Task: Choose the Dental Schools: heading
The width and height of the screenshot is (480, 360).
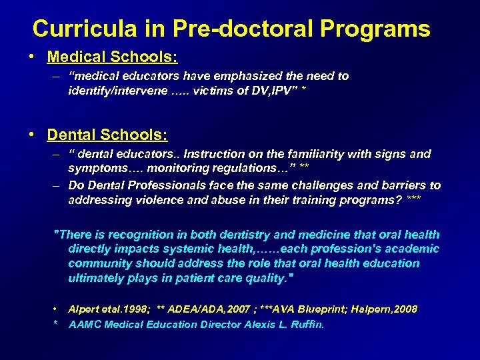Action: [x=107, y=134]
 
